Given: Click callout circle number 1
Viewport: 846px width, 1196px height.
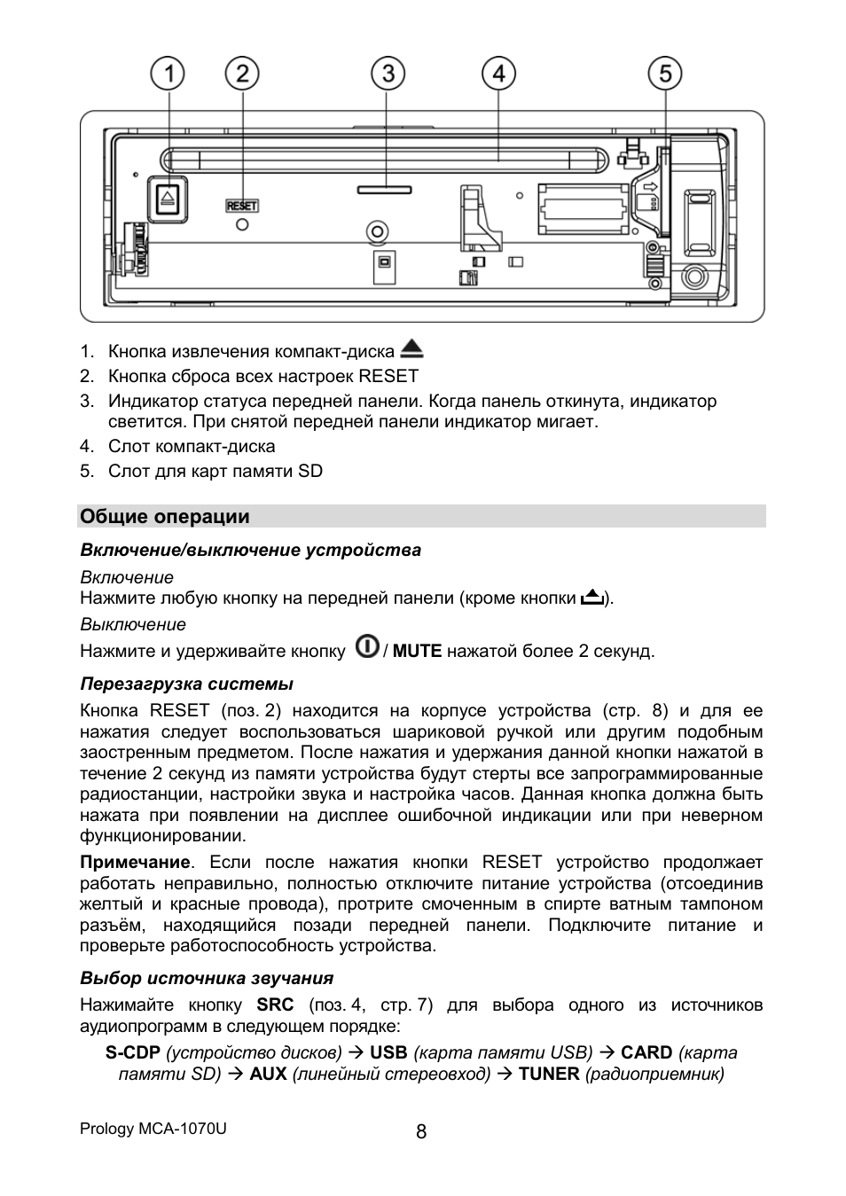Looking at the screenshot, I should (167, 74).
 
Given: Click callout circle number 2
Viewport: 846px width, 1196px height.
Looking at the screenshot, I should (241, 74).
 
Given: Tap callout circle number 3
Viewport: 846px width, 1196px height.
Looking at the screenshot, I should (388, 74).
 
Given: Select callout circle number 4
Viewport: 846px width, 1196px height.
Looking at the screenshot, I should (498, 74).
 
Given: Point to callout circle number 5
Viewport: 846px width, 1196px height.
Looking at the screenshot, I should (664, 74).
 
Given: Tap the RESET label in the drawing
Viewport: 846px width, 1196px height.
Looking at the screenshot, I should (242, 206).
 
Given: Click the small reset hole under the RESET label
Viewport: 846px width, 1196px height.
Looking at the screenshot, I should (242, 225).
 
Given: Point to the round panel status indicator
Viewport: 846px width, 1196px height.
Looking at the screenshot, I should (379, 232).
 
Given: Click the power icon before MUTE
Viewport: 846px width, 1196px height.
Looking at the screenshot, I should (367, 647).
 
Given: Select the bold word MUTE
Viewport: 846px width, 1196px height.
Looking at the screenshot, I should (417, 651).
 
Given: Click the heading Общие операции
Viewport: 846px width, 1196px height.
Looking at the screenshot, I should (165, 517).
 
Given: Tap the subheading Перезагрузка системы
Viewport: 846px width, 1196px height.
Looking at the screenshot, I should (186, 684).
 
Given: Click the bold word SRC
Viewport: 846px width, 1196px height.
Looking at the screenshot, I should (275, 1005).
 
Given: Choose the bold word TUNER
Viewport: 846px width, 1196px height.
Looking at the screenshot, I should (549, 1074).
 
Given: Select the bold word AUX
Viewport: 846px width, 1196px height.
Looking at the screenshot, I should (268, 1074).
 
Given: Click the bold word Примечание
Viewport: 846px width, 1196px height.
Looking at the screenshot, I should (135, 863).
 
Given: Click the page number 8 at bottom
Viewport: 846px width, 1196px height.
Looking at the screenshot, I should (421, 1131).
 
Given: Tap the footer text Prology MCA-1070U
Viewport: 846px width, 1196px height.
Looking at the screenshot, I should (153, 1129).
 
